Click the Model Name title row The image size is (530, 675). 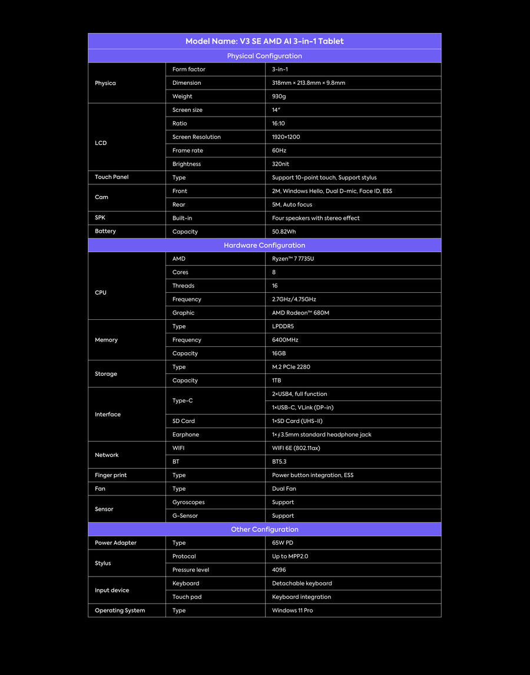pyautogui.click(x=264, y=41)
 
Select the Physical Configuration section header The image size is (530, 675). pyautogui.click(x=264, y=56)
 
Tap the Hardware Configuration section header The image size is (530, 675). pyautogui.click(x=264, y=245)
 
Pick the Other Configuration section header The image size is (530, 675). pyautogui.click(x=264, y=530)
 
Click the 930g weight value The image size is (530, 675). pyautogui.click(x=279, y=97)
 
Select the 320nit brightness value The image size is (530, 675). pyautogui.click(x=280, y=164)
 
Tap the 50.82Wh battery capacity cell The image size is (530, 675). pyautogui.click(x=284, y=232)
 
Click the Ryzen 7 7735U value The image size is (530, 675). pyautogui.click(x=293, y=259)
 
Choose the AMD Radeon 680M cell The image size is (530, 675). pyautogui.click(x=300, y=313)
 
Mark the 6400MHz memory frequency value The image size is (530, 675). pyautogui.click(x=285, y=340)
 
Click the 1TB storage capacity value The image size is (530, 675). pyautogui.click(x=277, y=380)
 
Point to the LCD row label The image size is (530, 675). pyautogui.click(x=101, y=143)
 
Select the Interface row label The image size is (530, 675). pyautogui.click(x=108, y=415)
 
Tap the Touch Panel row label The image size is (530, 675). pyautogui.click(x=111, y=177)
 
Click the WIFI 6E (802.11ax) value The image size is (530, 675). pyautogui.click(x=296, y=448)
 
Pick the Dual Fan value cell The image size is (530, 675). pyautogui.click(x=284, y=489)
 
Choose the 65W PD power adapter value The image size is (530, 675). pyautogui.click(x=282, y=543)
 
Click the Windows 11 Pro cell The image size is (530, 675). pyautogui.click(x=292, y=611)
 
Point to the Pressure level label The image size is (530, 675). pyautogui.click(x=191, y=570)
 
